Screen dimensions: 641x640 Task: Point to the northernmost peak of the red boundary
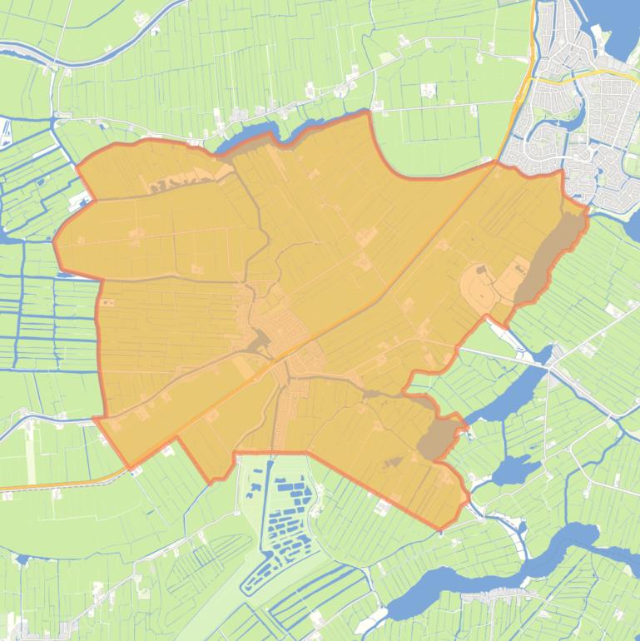pyautogui.click(x=367, y=112)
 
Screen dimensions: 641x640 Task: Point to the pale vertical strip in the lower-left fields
pyautogui.click(x=31, y=454)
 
